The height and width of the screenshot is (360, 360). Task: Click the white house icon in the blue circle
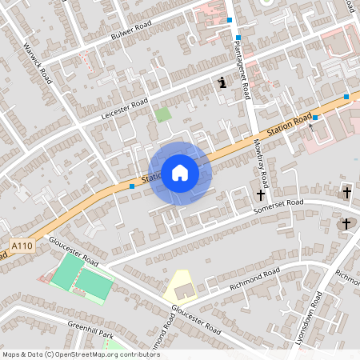click(179, 172)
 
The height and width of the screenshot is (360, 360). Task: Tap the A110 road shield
click(22, 246)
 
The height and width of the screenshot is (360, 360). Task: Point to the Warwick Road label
click(38, 63)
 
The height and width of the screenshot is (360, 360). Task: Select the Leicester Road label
click(125, 110)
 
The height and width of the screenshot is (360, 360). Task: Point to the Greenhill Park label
click(90, 327)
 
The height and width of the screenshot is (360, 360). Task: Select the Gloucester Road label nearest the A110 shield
click(73, 250)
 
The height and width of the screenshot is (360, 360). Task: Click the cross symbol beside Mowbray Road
click(260, 194)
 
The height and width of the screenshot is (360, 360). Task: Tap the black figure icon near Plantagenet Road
click(221, 82)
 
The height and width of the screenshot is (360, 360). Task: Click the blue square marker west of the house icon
click(131, 186)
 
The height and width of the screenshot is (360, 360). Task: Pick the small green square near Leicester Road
click(163, 114)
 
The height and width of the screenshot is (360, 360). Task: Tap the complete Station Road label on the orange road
click(289, 127)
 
